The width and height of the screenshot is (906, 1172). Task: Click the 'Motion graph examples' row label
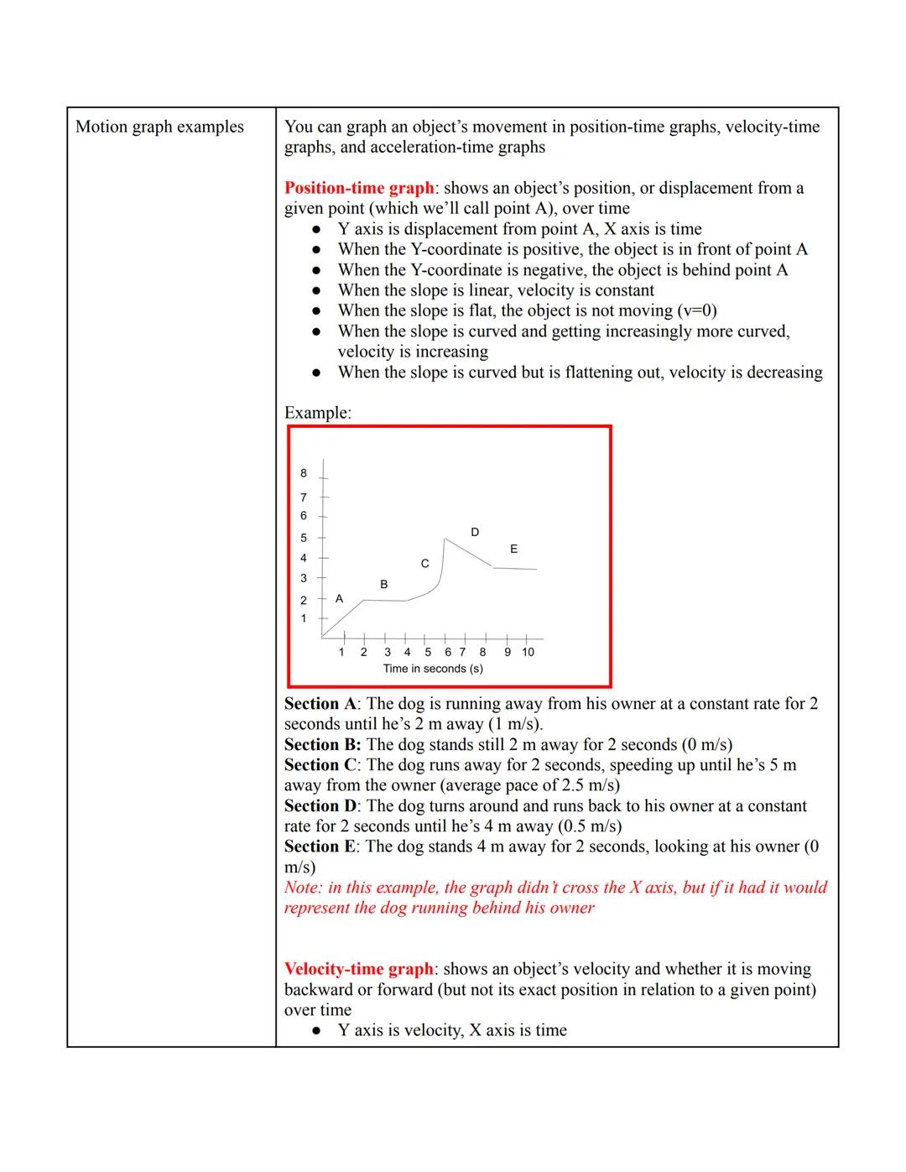[159, 127]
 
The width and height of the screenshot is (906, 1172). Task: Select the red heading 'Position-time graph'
[359, 188]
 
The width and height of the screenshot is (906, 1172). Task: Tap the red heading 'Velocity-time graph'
[358, 969]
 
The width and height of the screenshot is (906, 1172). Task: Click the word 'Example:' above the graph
[318, 413]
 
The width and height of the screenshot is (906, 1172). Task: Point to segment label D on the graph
[475, 532]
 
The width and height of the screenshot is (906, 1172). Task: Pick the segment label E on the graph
[513, 549]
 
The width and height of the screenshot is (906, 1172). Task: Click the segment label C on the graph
[424, 563]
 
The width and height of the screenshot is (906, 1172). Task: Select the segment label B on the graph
[384, 584]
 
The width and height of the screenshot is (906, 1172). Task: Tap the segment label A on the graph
[339, 598]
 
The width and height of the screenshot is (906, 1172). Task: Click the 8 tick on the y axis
[304, 474]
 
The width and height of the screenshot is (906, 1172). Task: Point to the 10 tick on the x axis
[528, 652]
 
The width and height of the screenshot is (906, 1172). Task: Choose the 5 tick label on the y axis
[304, 538]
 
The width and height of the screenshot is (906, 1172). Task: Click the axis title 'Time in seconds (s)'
[433, 669]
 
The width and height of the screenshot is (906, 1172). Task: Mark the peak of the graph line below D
[445, 539]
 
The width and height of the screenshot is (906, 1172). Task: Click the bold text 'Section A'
[320, 704]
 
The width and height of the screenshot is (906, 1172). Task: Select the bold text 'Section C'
[321, 765]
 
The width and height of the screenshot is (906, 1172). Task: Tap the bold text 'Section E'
[320, 846]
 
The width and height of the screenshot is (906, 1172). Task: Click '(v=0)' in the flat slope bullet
[696, 310]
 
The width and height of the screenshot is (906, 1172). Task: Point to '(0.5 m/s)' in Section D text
[590, 826]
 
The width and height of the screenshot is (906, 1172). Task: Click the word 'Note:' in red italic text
[304, 888]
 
